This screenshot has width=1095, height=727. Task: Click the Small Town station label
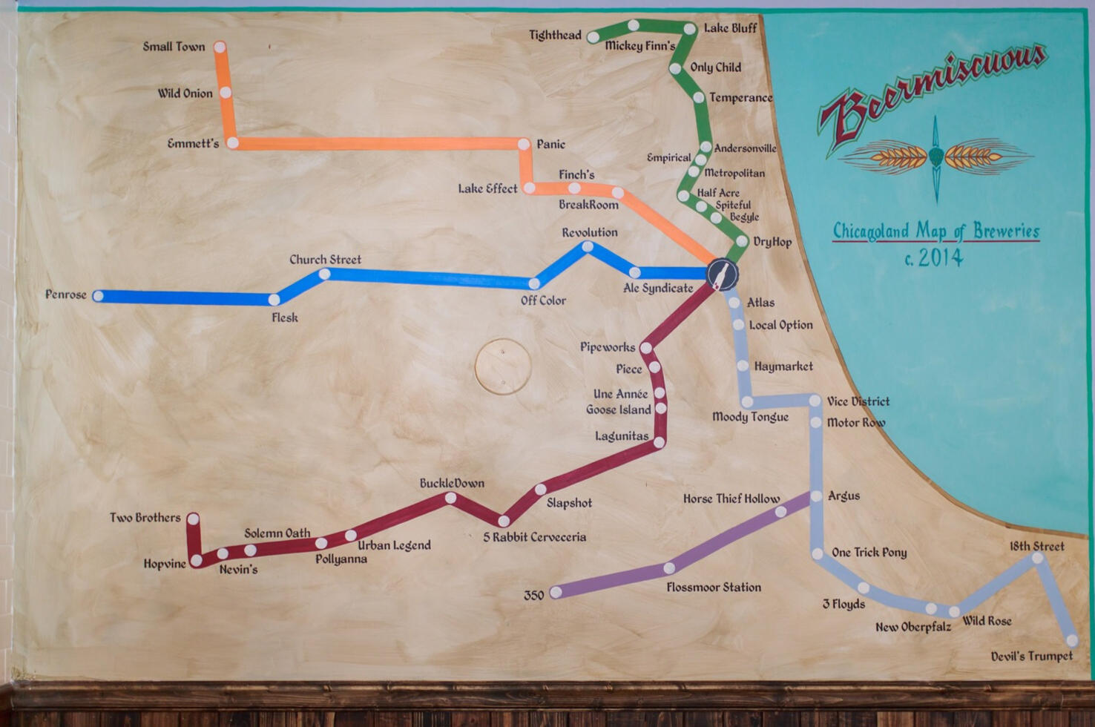tap(174, 47)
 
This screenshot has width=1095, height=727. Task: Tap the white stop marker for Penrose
tap(98, 296)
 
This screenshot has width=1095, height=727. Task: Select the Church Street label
tap(325, 260)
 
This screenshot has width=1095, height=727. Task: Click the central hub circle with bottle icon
tap(722, 274)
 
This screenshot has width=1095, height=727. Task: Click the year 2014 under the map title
tap(941, 258)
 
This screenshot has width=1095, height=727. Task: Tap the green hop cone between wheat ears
tap(936, 156)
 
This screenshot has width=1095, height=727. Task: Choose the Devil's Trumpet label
tap(1031, 657)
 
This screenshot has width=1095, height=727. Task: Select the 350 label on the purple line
tap(534, 595)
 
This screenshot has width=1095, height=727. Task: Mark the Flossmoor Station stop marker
tap(669, 568)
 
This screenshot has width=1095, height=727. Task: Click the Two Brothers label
tap(145, 518)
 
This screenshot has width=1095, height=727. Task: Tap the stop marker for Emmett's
tap(232, 142)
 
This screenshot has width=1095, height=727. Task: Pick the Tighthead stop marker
tap(593, 36)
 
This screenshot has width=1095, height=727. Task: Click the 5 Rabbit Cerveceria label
tap(535, 537)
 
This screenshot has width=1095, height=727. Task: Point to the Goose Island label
tap(619, 409)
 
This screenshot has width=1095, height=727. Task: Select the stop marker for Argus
tap(816, 496)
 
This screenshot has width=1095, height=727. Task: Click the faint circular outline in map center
tap(503, 366)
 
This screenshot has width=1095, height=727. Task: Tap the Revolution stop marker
tap(588, 246)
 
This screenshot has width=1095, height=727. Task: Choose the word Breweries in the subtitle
tap(1006, 231)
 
